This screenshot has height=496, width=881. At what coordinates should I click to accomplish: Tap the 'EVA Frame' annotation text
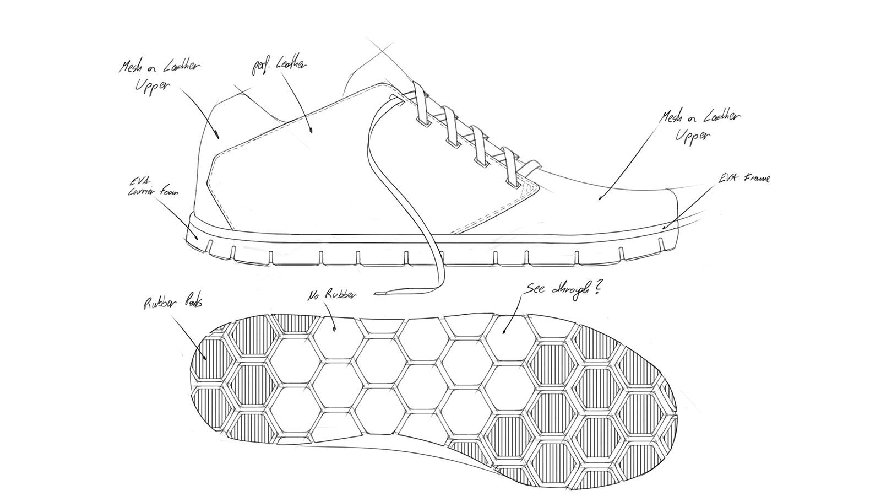click(744, 179)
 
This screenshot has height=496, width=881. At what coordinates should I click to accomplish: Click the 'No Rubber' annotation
click(331, 294)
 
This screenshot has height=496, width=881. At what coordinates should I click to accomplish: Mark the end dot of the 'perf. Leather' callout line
click(311, 131)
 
